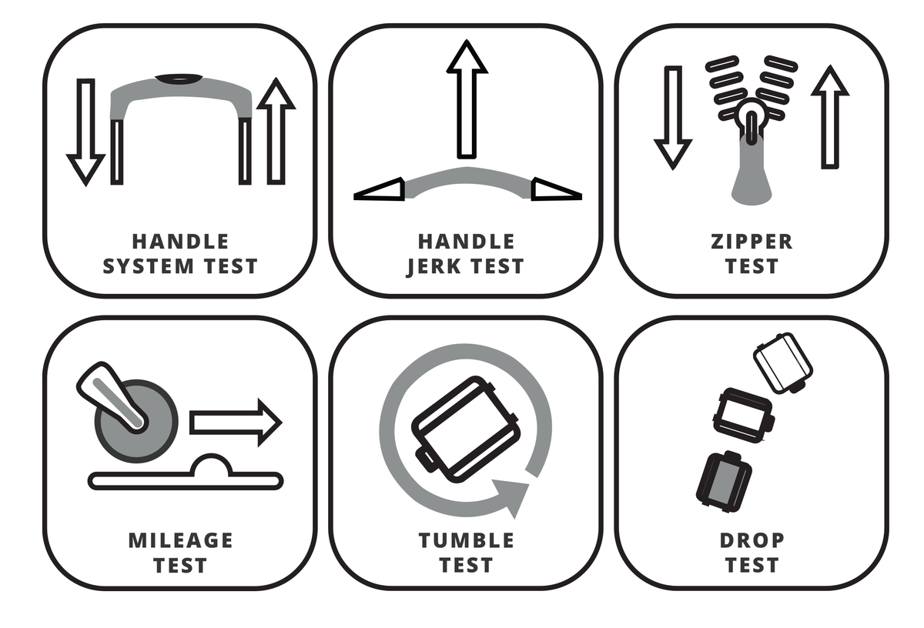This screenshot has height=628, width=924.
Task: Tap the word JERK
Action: pyautogui.click(x=434, y=267)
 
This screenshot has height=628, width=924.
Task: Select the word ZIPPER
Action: pyautogui.click(x=752, y=242)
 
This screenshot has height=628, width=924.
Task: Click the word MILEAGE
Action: pyautogui.click(x=181, y=540)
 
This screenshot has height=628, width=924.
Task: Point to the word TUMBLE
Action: pyautogui.click(x=467, y=540)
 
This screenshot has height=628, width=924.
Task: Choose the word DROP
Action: pyautogui.click(x=752, y=540)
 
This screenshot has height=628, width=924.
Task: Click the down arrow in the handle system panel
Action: pyautogui.click(x=85, y=132)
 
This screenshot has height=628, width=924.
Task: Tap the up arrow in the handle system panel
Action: pyautogui.click(x=276, y=131)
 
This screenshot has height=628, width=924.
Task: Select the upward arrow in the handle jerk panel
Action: pyautogui.click(x=467, y=99)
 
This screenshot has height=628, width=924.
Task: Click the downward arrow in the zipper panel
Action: pyautogui.click(x=673, y=118)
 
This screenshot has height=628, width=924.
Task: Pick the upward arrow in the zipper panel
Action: pyautogui.click(x=830, y=117)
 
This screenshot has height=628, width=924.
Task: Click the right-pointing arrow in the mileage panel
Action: pyautogui.click(x=236, y=423)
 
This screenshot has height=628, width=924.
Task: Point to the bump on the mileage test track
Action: pyautogui.click(x=211, y=465)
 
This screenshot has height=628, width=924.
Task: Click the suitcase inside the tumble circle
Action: pyautogui.click(x=466, y=429)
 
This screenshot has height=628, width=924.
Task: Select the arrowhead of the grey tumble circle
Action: pyautogui.click(x=511, y=496)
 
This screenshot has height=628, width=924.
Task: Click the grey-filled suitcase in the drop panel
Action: pyautogui.click(x=724, y=482)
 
